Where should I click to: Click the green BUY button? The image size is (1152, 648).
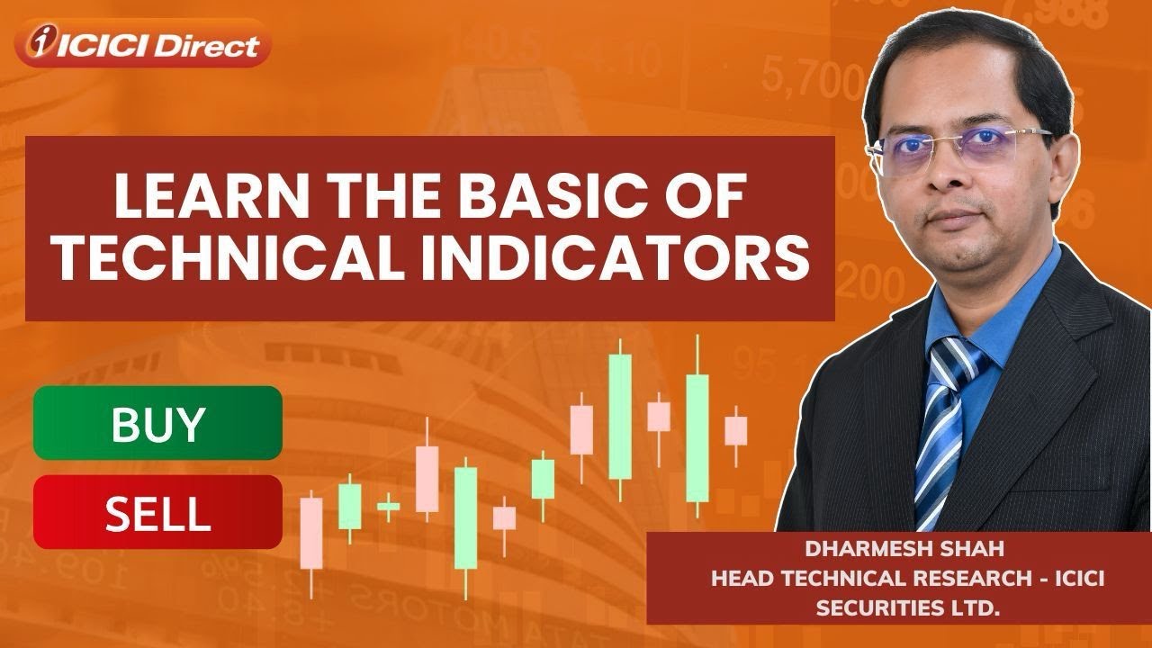tap(157, 424)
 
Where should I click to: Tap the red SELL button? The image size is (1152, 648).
tap(157, 513)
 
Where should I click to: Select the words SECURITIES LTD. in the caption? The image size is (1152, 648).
tap(907, 607)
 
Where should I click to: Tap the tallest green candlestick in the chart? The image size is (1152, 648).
tap(619, 417)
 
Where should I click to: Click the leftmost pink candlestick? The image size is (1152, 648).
tap(311, 533)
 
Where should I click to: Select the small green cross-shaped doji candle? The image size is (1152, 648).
tap(388, 507)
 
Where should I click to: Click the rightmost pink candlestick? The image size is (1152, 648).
tap(736, 430)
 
